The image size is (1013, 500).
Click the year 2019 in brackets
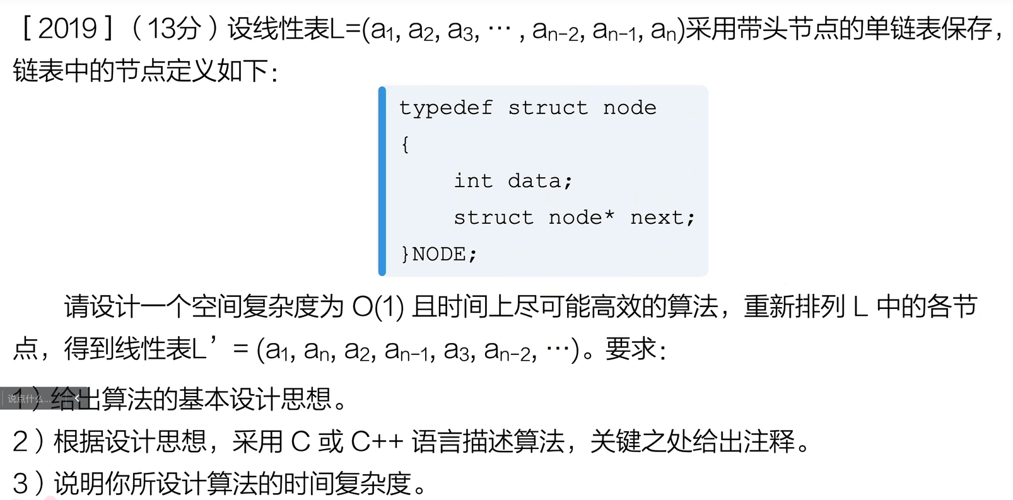(x=67, y=29)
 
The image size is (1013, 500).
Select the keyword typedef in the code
(x=446, y=108)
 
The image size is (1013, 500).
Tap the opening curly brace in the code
(x=405, y=144)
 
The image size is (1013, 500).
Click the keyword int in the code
(x=473, y=181)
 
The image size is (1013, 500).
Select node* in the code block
(x=581, y=218)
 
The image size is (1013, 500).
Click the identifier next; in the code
(x=662, y=218)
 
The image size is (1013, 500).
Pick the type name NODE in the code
(x=439, y=254)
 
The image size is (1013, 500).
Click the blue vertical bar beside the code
(x=382, y=181)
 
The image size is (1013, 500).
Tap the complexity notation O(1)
(x=378, y=307)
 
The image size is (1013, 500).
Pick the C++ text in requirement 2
(x=377, y=441)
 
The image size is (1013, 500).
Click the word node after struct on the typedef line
(x=629, y=108)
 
